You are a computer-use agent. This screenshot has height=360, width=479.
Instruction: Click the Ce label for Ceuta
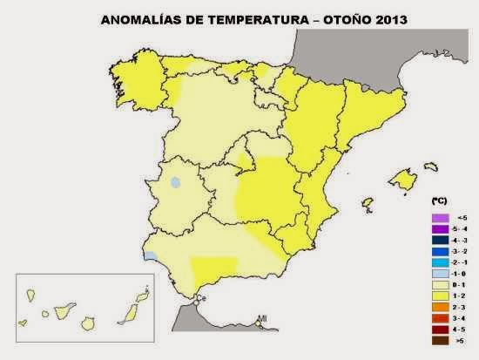coord(199,299)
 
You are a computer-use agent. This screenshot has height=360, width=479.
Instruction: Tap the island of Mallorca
coord(401,180)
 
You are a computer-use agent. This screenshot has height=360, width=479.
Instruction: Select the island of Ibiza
coord(369,204)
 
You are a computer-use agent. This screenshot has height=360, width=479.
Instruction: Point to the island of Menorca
coord(428,166)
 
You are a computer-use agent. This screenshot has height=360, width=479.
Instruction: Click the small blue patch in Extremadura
coord(175,183)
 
